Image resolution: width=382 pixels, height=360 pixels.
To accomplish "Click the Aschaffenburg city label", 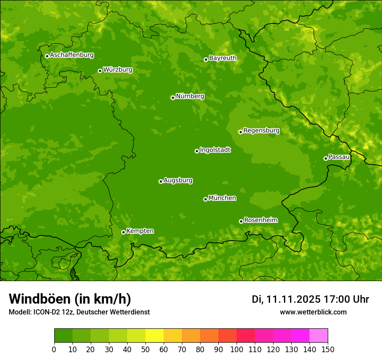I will [72, 55].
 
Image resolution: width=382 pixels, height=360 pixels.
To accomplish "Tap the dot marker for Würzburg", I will [100, 71].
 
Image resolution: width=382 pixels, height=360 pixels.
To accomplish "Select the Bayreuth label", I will [223, 58].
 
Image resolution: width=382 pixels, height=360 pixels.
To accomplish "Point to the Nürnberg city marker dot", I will [173, 98].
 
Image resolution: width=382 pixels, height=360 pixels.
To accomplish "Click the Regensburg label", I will [261, 131].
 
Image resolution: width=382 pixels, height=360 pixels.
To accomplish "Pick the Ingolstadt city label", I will [215, 150].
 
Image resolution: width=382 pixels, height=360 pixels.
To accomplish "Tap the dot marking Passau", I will [326, 158].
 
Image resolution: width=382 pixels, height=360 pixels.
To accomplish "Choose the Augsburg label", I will [178, 180].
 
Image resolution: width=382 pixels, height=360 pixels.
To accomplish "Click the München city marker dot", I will [205, 199].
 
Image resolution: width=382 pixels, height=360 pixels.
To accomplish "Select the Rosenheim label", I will [260, 220].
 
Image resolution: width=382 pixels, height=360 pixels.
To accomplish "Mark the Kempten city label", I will [140, 231].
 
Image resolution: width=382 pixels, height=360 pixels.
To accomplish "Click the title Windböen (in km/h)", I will [69, 299].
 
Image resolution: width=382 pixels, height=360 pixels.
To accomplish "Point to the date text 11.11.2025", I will [293, 299].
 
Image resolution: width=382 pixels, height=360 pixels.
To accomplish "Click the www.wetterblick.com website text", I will [313, 312].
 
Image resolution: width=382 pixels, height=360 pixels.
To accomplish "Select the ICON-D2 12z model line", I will [79, 312].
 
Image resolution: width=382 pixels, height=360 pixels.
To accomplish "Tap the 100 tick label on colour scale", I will [237, 350].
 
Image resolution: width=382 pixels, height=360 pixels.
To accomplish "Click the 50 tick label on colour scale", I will [145, 350].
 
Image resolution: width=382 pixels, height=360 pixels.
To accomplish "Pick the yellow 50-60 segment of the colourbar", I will [155, 336].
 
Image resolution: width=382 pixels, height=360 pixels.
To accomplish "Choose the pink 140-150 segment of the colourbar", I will [319, 336].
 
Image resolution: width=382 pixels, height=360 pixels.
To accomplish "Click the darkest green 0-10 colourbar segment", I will [63, 336].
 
